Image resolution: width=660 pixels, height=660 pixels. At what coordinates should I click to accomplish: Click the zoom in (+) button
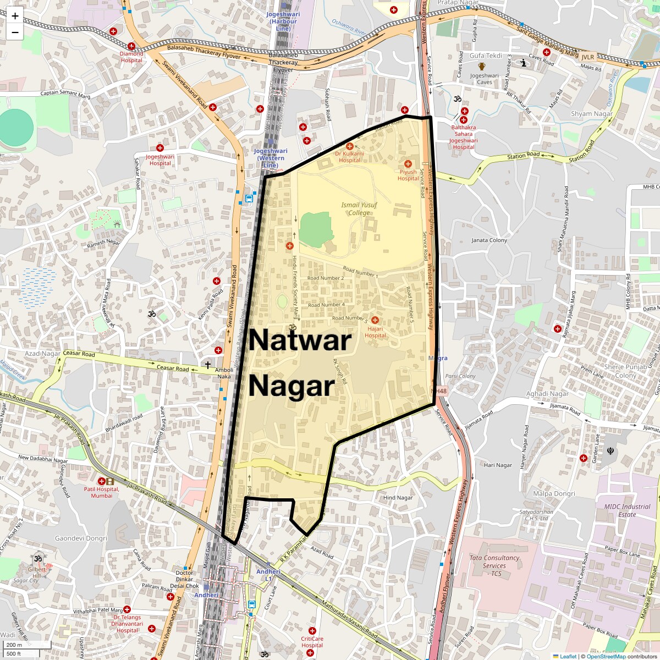point(15,16)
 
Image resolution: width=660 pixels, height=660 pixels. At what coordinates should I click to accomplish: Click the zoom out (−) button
point(15,32)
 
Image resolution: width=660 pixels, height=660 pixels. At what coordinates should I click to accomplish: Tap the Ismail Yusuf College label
point(359,208)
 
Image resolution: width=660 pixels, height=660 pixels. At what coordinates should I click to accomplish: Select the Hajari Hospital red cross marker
point(375,320)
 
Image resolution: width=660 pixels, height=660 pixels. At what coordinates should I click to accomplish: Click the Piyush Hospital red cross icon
point(408,163)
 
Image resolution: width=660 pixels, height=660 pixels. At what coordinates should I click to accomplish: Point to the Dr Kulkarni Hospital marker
point(349,146)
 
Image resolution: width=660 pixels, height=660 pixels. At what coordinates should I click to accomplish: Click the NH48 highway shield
point(439,391)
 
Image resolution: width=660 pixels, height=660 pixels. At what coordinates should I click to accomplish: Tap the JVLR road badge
point(588,57)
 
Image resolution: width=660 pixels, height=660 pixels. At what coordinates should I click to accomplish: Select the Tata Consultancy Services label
point(494,565)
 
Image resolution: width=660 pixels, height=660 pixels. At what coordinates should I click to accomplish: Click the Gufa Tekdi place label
point(486,56)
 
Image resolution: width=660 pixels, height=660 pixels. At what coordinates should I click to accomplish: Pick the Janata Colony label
point(490,240)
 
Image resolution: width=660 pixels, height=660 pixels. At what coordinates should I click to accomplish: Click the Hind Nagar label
point(398,498)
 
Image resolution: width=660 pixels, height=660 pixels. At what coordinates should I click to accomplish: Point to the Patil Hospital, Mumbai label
point(102,492)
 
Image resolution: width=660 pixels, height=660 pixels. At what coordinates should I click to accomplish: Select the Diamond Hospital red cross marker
point(131,47)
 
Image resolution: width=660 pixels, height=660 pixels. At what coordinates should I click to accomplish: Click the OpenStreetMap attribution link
point(606,656)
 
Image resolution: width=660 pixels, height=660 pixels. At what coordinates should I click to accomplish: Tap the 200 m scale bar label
point(15,645)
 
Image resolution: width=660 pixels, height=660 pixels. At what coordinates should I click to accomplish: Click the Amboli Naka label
point(224,373)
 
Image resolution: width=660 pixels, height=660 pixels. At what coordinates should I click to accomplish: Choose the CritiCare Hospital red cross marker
point(312,631)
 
